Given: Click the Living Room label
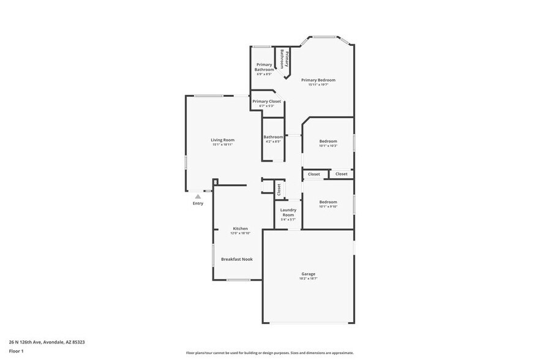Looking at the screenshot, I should point(223,140).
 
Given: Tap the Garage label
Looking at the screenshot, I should point(308,274).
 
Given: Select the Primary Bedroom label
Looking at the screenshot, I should point(318,80).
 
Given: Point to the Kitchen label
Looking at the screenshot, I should point(240,228).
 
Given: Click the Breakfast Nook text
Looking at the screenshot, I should point(236,259).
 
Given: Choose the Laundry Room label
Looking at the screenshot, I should point(288,212).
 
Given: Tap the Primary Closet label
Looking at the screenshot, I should point(266,101).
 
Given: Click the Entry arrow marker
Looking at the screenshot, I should point(198,197).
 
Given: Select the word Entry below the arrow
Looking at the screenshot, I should point(198,203).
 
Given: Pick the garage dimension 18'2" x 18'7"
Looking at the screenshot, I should point(308,279).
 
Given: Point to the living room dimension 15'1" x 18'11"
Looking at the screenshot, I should point(223,144).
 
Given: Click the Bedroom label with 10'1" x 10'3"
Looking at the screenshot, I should point(328,141).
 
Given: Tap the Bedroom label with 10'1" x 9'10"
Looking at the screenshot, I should point(328,201).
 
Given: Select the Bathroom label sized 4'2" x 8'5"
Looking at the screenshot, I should point(273,137).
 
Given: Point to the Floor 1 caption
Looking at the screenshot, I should point(17,351).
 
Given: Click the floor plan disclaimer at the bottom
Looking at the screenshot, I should point(269,353).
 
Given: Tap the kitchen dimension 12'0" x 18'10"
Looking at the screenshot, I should point(240,233).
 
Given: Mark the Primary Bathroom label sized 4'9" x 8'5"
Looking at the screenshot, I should point(264,67).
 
